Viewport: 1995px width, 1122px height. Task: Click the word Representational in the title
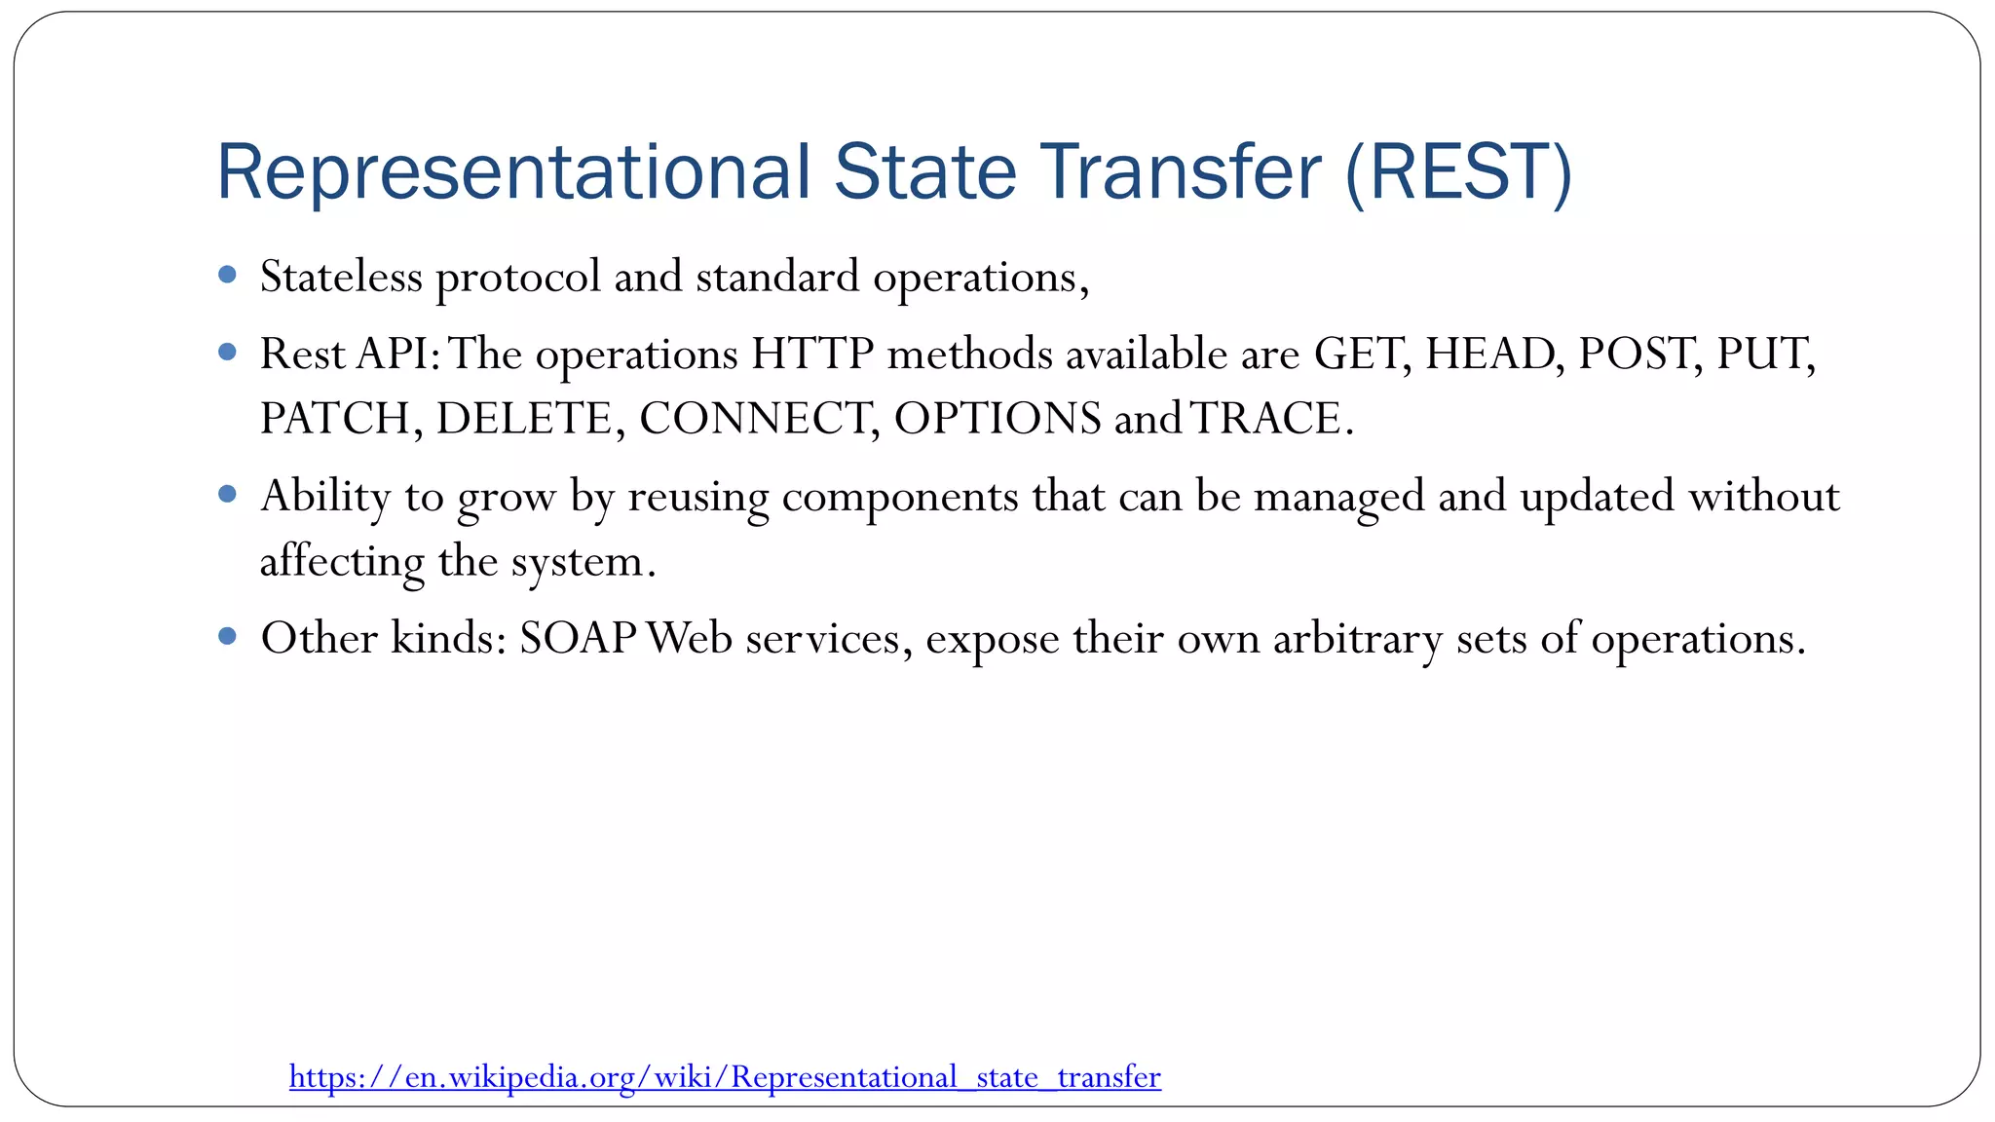(x=512, y=172)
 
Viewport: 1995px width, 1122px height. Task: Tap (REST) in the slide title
(x=1458, y=172)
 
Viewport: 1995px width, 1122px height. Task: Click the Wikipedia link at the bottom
(x=725, y=1077)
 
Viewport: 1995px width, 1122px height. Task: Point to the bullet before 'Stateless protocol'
(x=228, y=276)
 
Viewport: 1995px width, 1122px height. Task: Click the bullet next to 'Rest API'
(x=228, y=353)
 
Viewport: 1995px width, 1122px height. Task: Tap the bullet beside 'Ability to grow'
(x=228, y=495)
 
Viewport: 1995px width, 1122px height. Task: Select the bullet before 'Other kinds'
(x=228, y=637)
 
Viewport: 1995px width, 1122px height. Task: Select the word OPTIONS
(x=997, y=419)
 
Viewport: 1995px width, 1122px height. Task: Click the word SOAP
(x=578, y=639)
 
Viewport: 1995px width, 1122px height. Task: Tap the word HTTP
(x=812, y=354)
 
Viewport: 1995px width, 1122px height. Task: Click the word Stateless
(x=341, y=277)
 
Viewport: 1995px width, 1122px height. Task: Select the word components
(x=899, y=497)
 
